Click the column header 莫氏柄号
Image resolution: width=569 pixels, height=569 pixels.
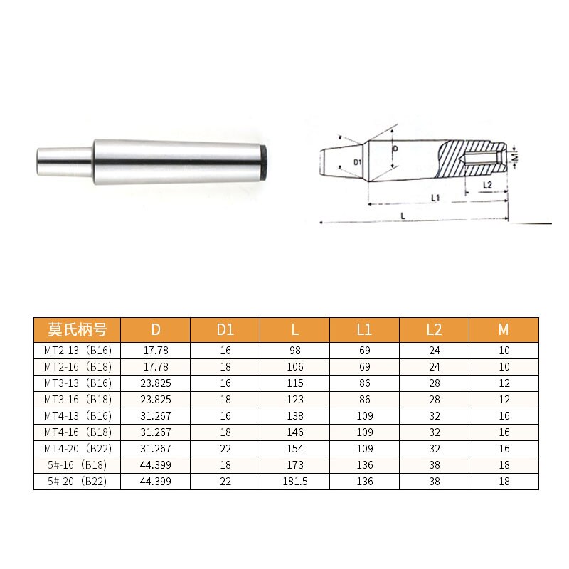77,330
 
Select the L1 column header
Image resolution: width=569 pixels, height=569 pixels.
364,330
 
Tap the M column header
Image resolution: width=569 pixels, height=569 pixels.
504,330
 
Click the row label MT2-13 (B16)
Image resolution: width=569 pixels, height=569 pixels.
77,351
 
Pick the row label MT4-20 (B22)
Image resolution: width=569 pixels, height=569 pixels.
77,449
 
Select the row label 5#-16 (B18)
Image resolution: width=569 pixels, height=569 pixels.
77,465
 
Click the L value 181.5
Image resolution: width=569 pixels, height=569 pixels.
294,482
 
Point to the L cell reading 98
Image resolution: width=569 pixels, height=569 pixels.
294,351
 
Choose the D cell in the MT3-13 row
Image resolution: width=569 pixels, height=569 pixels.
156,383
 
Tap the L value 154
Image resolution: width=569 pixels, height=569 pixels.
294,449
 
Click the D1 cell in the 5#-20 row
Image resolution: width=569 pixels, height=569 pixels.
225,482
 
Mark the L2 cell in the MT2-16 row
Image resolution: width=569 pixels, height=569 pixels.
434,367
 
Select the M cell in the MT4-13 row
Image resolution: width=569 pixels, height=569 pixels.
504,416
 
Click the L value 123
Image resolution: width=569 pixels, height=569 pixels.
294,400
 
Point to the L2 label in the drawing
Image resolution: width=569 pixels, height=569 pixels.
486,185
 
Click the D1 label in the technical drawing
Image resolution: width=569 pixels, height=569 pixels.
358,163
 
